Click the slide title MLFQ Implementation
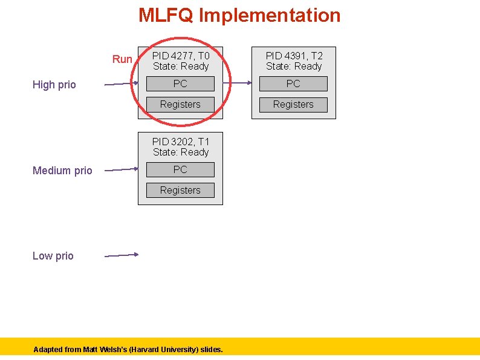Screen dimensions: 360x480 239,15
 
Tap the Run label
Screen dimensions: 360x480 122,59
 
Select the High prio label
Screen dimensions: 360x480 54,85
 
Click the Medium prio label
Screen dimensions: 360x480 62,171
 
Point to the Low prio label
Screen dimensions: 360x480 53,256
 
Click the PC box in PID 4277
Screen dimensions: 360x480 180,83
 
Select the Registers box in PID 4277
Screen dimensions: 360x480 180,104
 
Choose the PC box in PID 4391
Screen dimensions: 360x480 293,83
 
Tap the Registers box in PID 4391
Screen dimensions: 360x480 293,104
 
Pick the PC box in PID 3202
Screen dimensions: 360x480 180,169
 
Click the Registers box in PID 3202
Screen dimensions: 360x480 180,190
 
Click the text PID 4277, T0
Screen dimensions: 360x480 180,56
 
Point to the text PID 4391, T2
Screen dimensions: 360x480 294,56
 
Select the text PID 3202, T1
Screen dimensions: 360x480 180,142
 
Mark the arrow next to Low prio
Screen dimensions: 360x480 122,255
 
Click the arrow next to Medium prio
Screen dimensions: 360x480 122,170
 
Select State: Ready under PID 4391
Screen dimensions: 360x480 294,67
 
